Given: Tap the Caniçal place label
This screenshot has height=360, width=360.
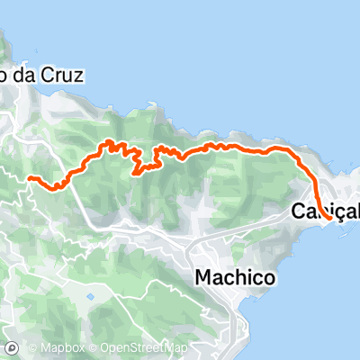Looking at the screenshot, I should click(x=325, y=211).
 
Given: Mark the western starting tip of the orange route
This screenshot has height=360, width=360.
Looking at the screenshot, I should click(x=32, y=178).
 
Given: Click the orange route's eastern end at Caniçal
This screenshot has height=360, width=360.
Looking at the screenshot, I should click(x=330, y=218).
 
